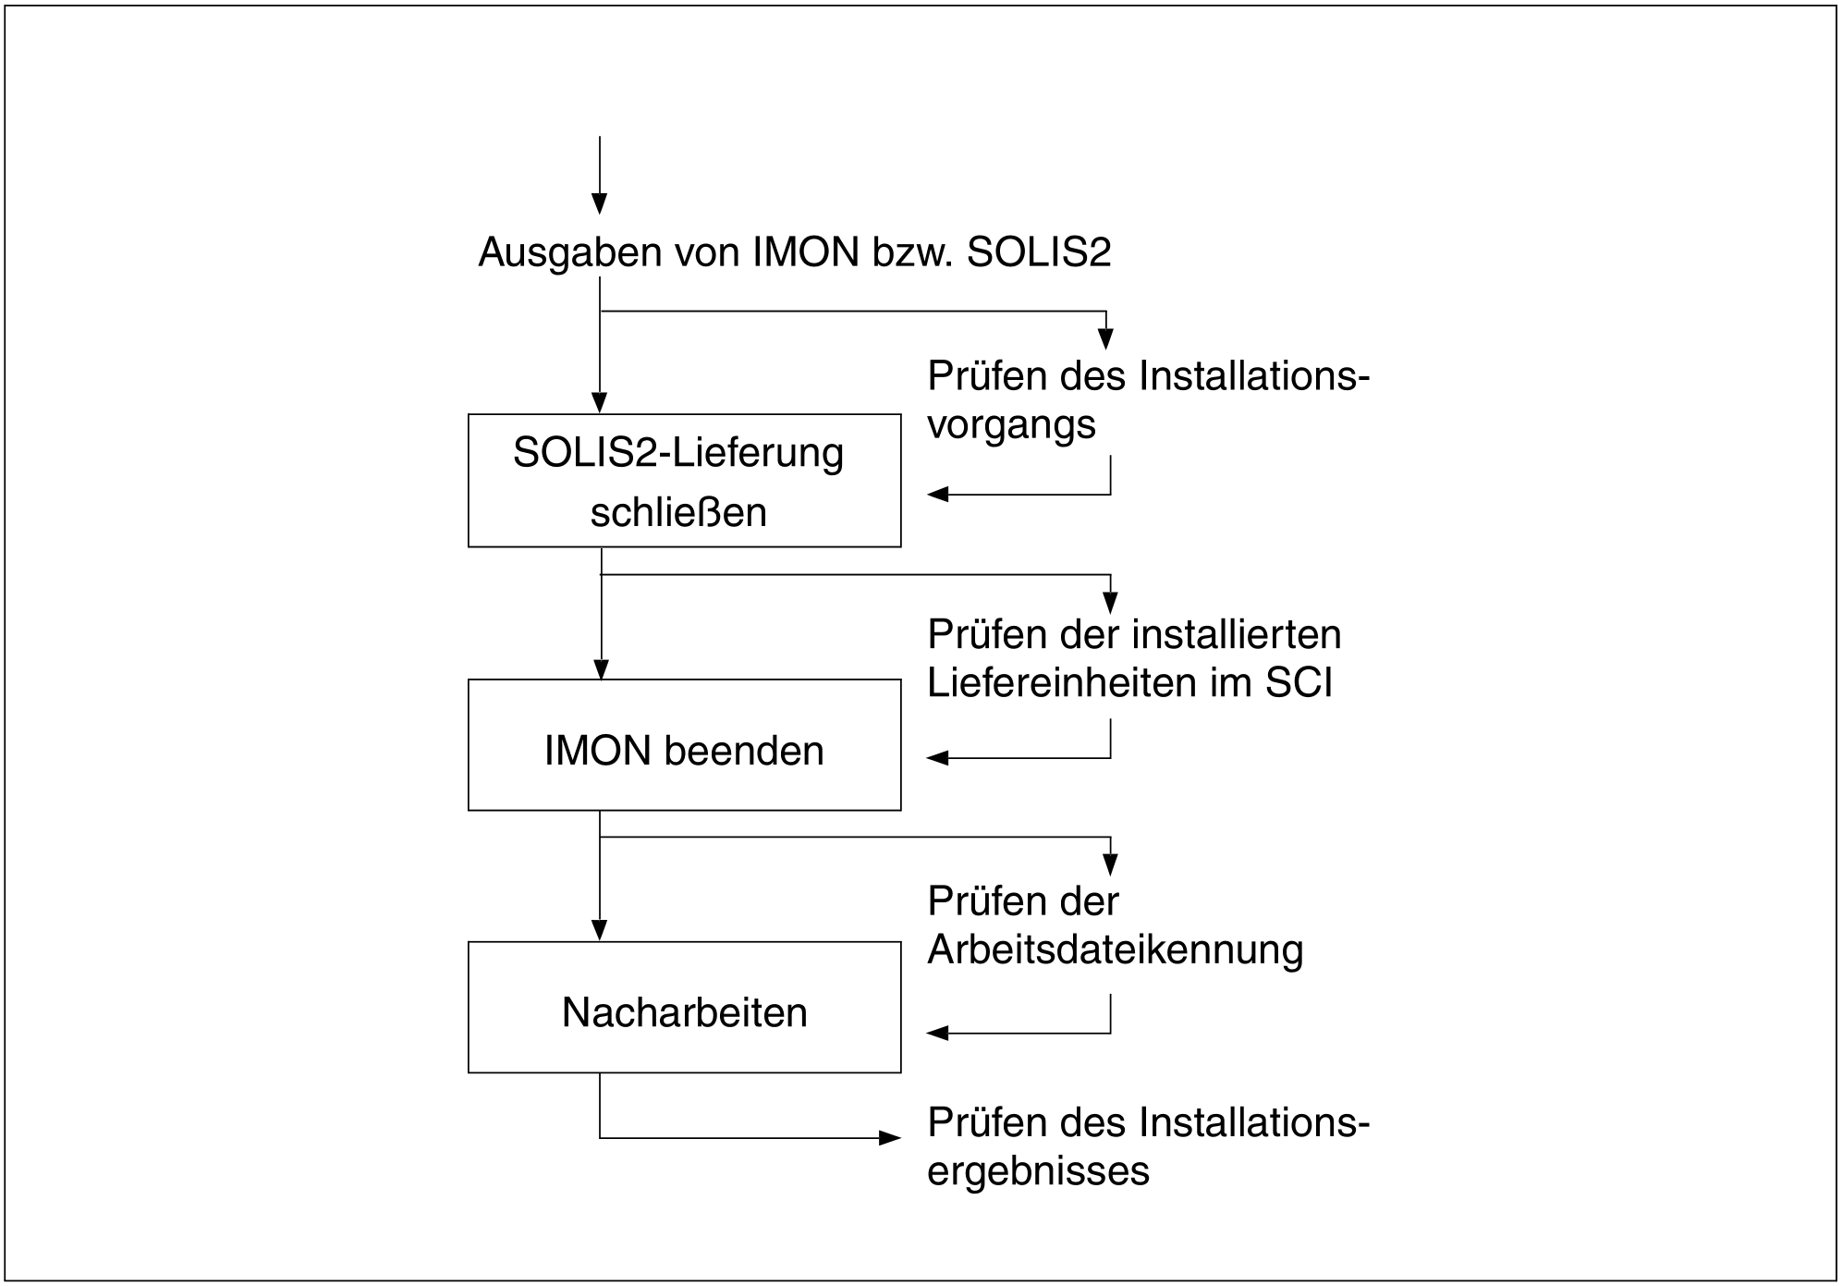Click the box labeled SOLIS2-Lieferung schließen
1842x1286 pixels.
pyautogui.click(x=684, y=481)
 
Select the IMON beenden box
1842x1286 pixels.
pyautogui.click(x=684, y=745)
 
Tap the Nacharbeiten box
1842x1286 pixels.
pyautogui.click(x=684, y=1008)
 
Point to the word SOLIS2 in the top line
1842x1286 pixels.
pyautogui.click(x=1039, y=252)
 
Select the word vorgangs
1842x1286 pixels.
pyautogui.click(x=1011, y=425)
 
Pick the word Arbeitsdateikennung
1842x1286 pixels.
pyautogui.click(x=1115, y=949)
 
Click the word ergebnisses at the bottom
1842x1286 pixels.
pyautogui.click(x=1038, y=1171)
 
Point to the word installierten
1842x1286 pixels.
pyautogui.click(x=1237, y=634)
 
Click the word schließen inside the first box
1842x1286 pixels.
pyautogui.click(x=678, y=512)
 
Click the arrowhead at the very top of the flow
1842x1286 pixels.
pyautogui.click(x=600, y=203)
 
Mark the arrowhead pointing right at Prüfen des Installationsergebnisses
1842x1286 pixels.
pyautogui.click(x=890, y=1138)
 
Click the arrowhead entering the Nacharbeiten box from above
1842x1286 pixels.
pyautogui.click(x=600, y=930)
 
